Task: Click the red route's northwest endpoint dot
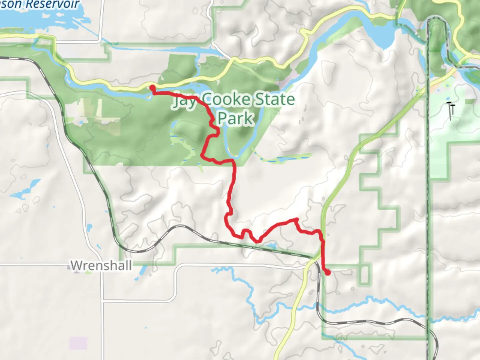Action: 152,88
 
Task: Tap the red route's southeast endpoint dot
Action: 328,273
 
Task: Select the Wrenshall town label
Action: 101,266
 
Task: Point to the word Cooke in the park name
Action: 226,99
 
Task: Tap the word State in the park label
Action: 275,99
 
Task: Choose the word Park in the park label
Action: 236,118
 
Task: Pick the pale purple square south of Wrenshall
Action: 78,343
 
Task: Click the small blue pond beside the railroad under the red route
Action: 272,246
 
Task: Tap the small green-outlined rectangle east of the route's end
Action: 365,274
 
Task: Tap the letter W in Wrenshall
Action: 76,266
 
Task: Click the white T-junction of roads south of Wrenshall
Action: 103,301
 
